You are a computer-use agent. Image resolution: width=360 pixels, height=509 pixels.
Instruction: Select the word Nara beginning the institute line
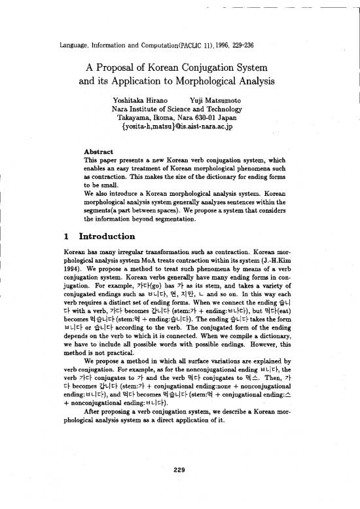[122, 109]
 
